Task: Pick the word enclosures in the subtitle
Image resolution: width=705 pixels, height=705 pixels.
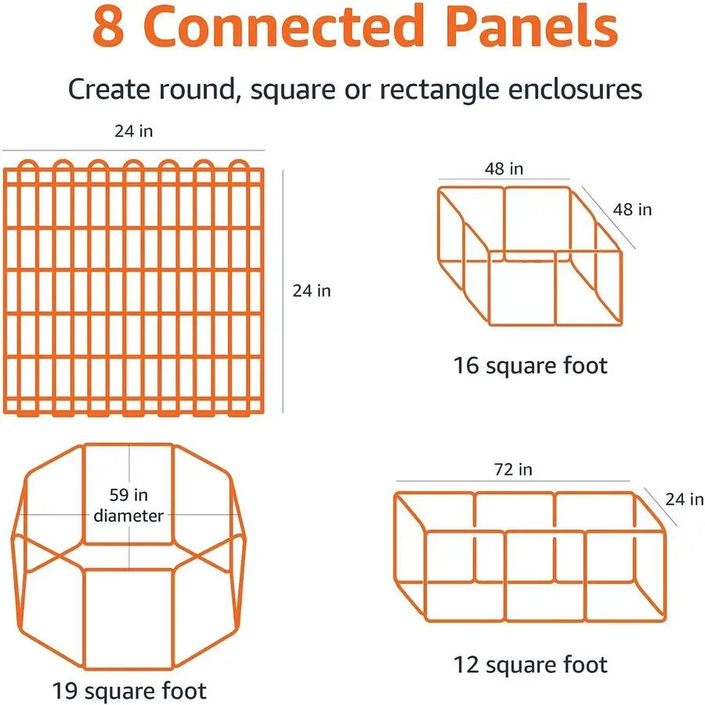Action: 577,89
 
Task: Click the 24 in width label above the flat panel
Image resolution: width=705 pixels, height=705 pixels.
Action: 134,131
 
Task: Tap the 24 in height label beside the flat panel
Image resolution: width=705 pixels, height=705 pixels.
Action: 312,291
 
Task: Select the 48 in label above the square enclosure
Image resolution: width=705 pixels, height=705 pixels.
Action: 504,168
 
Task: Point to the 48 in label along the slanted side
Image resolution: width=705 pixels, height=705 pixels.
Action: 632,209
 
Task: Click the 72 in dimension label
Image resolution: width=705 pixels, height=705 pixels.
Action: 513,469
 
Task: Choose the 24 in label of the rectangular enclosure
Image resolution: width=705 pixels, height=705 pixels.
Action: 684,498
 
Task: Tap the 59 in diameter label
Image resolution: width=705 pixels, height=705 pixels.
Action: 128,505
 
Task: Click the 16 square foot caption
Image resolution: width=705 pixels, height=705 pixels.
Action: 530,365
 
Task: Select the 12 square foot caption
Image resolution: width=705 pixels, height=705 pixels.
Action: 530,665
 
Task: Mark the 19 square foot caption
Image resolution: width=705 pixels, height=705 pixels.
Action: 129,691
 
